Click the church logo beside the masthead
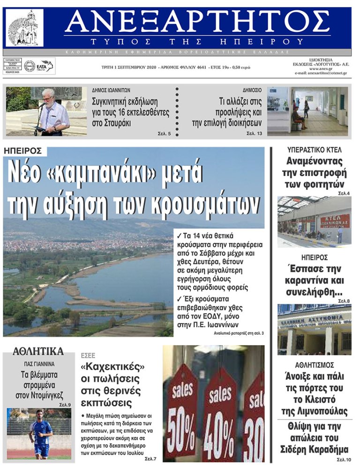tap(24, 28)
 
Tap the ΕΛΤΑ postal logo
tap(46, 66)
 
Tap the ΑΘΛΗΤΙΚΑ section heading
tap(38, 351)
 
